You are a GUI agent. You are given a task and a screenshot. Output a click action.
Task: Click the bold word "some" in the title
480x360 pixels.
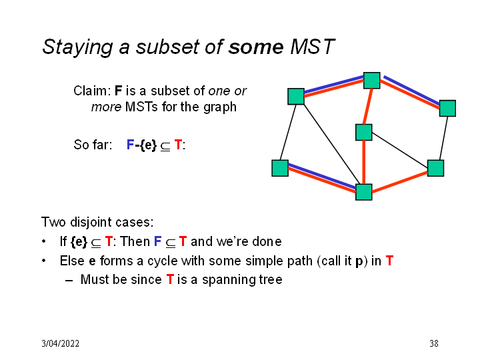point(257,47)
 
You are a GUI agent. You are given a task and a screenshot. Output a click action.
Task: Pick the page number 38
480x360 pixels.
point(434,344)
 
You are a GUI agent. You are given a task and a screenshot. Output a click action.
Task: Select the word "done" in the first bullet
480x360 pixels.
point(267,241)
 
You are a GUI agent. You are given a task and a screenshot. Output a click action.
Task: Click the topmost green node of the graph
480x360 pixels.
point(371,81)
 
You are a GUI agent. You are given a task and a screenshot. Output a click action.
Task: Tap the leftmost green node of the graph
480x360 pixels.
point(280,168)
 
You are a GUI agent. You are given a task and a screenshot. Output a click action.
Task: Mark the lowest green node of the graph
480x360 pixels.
point(363,192)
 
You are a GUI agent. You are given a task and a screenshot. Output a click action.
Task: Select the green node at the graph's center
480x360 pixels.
point(363,132)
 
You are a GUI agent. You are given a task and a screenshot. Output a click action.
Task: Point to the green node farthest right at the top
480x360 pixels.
point(447,108)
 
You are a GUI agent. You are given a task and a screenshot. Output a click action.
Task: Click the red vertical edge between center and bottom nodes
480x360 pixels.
point(363,162)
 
